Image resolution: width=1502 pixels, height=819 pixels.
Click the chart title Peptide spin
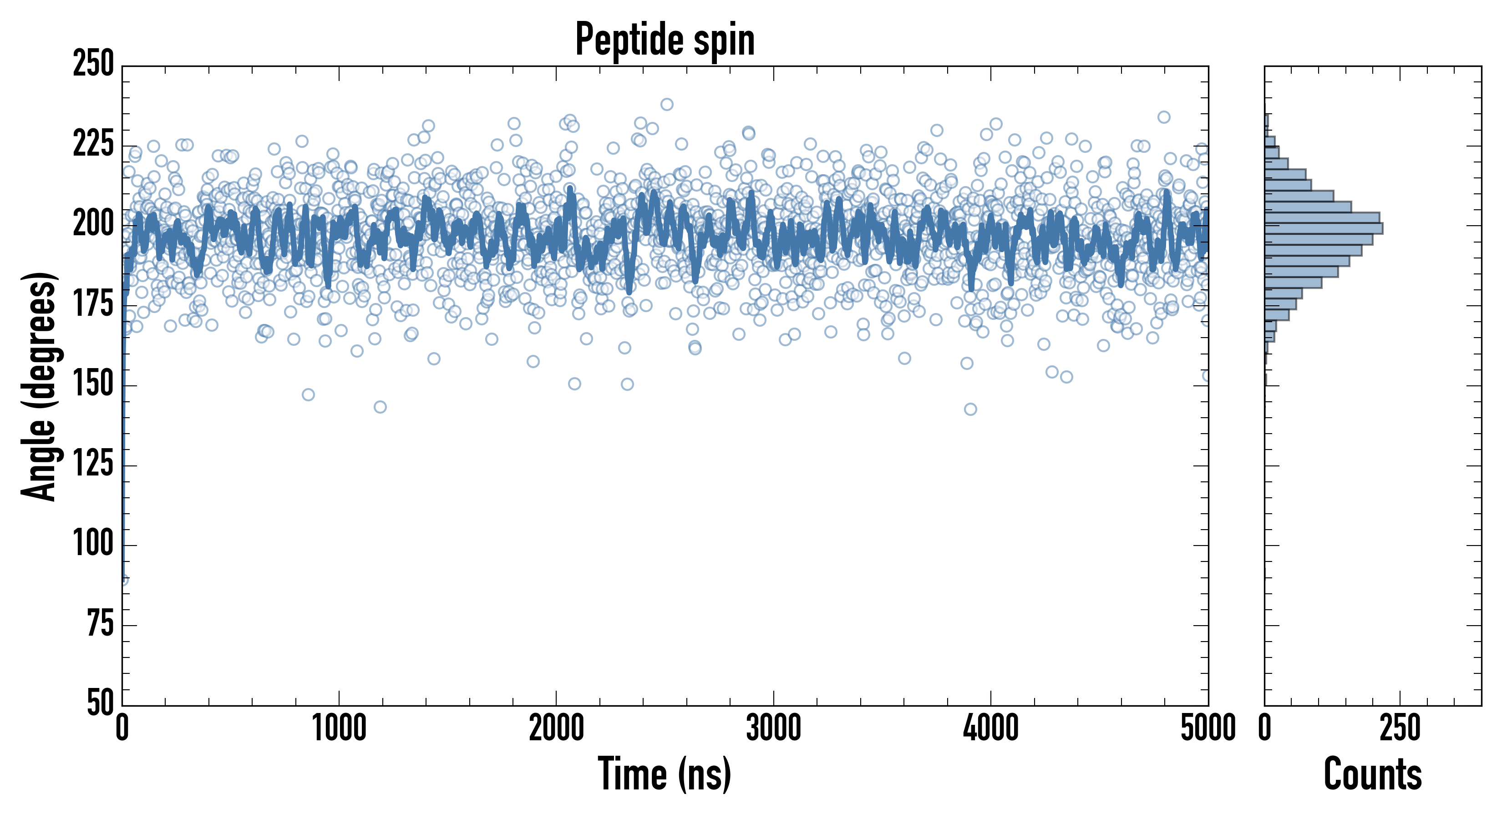(665, 40)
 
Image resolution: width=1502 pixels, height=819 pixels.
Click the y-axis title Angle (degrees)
(39, 386)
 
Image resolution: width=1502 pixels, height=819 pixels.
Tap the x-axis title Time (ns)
(665, 774)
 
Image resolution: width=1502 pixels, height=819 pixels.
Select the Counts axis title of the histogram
(1373, 774)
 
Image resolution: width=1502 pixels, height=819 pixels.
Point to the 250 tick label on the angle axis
(93, 64)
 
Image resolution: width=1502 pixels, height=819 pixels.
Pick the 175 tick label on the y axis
(93, 304)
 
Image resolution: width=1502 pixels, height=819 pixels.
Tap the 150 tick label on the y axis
(93, 385)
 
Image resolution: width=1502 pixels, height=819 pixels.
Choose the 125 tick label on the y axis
(93, 465)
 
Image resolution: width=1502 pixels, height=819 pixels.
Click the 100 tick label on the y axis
(93, 545)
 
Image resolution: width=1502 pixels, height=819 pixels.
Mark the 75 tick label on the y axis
(100, 624)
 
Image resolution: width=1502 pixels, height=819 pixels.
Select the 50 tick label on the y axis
(100, 703)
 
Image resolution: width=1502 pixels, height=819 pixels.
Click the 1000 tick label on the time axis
(340, 728)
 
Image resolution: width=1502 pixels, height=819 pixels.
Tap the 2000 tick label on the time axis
(556, 728)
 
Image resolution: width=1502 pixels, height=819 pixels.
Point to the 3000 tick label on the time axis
(774, 728)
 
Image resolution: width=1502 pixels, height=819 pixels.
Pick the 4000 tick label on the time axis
(991, 728)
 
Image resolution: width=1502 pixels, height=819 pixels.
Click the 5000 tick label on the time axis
(1208, 728)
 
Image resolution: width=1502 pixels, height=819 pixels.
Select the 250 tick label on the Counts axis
(1400, 728)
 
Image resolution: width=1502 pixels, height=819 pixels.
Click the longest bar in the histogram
(1324, 228)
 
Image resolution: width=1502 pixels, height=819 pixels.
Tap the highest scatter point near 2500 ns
(667, 104)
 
